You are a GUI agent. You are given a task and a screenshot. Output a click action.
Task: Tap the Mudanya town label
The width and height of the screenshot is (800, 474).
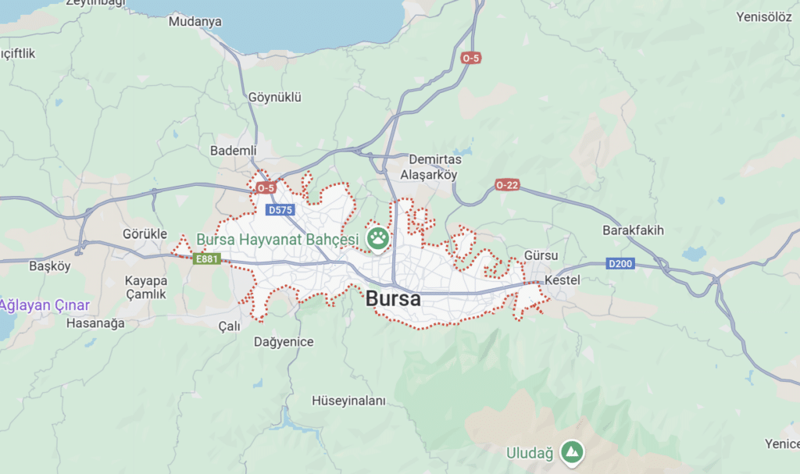click(195, 22)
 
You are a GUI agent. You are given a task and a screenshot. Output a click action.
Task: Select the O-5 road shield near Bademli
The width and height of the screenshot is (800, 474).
click(266, 188)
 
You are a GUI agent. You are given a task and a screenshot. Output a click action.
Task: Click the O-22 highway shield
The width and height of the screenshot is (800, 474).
click(507, 185)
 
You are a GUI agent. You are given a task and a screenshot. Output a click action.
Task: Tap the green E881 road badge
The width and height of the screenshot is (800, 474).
click(208, 259)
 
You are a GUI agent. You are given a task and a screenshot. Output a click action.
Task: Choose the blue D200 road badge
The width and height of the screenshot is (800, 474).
click(620, 264)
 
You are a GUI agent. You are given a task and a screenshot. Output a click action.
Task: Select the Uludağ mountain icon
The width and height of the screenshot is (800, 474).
click(573, 452)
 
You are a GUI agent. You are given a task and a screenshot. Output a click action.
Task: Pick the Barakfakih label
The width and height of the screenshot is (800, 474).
click(633, 230)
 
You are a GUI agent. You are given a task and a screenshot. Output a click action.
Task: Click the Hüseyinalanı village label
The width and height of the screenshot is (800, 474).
click(349, 401)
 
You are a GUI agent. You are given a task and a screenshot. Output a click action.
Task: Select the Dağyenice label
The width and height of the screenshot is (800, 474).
click(284, 341)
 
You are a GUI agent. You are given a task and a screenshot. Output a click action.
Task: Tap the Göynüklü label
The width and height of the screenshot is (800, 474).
click(274, 98)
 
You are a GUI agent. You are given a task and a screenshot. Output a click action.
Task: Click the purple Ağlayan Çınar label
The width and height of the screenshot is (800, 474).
click(45, 305)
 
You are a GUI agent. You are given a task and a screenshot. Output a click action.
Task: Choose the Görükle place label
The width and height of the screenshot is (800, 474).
click(145, 233)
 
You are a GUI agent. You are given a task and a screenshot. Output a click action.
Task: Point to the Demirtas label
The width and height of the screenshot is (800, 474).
click(430, 159)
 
